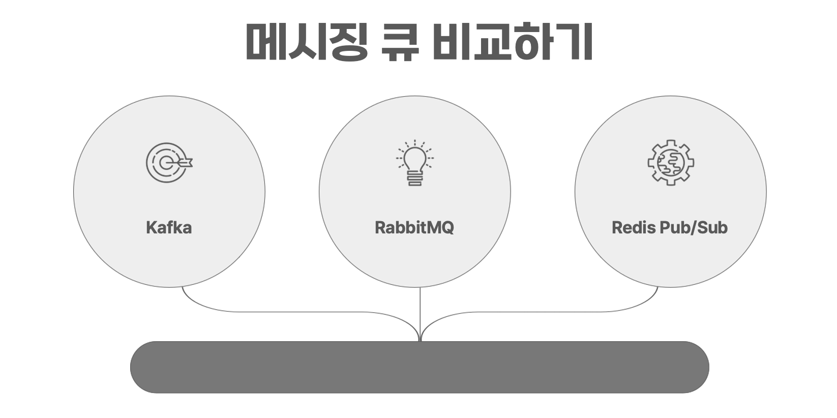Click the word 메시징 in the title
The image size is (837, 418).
pos(306,42)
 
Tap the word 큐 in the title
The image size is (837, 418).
pos(400,42)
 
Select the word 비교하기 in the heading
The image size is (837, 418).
pos(513,42)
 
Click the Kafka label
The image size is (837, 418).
pos(169,227)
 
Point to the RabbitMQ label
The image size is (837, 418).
pos(414,227)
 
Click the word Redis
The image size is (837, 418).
pos(634,227)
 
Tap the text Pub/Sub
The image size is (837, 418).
pos(694,227)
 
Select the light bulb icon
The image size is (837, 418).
pos(415,163)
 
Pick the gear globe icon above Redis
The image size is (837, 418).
pos(671,163)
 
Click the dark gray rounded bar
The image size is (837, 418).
pos(420,367)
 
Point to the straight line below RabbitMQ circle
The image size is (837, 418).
pos(420,310)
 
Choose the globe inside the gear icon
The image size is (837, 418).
pos(671,163)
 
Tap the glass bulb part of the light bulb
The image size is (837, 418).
pos(415,158)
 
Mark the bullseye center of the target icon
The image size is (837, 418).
pos(165,163)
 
